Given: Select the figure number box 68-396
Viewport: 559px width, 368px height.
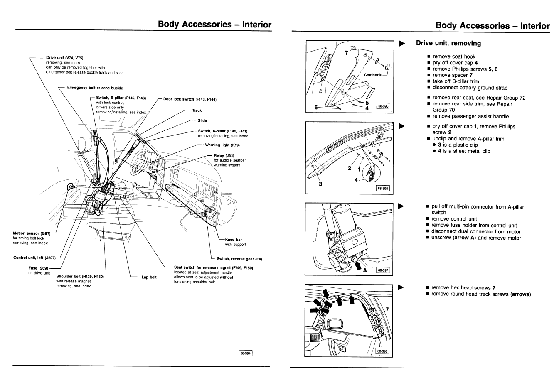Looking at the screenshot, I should [x=383, y=106].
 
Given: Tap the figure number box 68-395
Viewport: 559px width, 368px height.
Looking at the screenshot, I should [x=382, y=188].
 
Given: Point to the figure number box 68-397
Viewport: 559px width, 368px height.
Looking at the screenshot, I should [x=383, y=270].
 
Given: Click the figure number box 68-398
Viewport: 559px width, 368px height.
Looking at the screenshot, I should [x=382, y=351].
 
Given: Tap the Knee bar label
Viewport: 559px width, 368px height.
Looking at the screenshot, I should [x=233, y=239].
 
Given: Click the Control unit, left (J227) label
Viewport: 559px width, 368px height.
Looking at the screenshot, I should [x=34, y=258].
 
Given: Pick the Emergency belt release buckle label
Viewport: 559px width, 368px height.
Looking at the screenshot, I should [x=91, y=87].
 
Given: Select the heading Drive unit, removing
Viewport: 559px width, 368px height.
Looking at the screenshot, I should [x=448, y=43].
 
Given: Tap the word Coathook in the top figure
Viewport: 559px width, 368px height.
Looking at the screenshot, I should [x=372, y=75].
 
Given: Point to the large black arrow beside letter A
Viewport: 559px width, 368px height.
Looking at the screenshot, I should [x=357, y=263].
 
